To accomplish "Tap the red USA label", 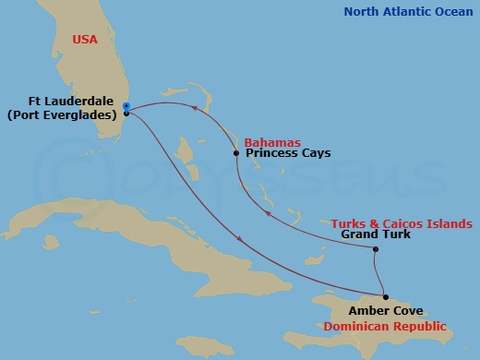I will (87, 40).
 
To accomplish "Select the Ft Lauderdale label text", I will (71, 102).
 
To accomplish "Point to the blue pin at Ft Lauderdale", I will (126, 106).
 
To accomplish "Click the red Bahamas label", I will (272, 142).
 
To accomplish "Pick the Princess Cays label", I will (288, 154).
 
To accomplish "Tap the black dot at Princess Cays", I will (237, 153).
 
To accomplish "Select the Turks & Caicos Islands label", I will (402, 223).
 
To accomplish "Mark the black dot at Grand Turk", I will (376, 249).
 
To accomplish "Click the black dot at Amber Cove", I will (386, 297).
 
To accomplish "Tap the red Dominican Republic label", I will (384, 327).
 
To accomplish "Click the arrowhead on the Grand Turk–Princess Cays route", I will (267, 213).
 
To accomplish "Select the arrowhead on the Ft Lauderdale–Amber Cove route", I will (241, 239).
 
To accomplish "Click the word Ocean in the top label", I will (453, 12).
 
